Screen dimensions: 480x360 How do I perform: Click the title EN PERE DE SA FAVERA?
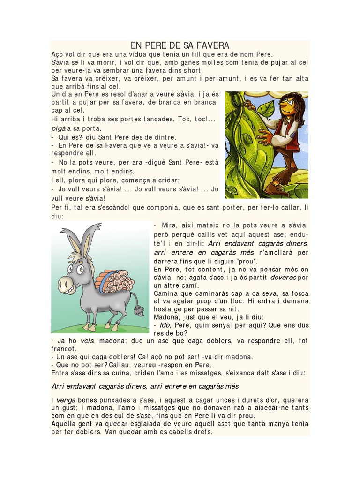click(x=180, y=45)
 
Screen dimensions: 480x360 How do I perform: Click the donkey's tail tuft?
click(x=139, y=310)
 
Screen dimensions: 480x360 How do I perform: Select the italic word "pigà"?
click(x=59, y=128)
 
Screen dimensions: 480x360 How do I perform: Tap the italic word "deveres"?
click(x=283, y=277)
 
